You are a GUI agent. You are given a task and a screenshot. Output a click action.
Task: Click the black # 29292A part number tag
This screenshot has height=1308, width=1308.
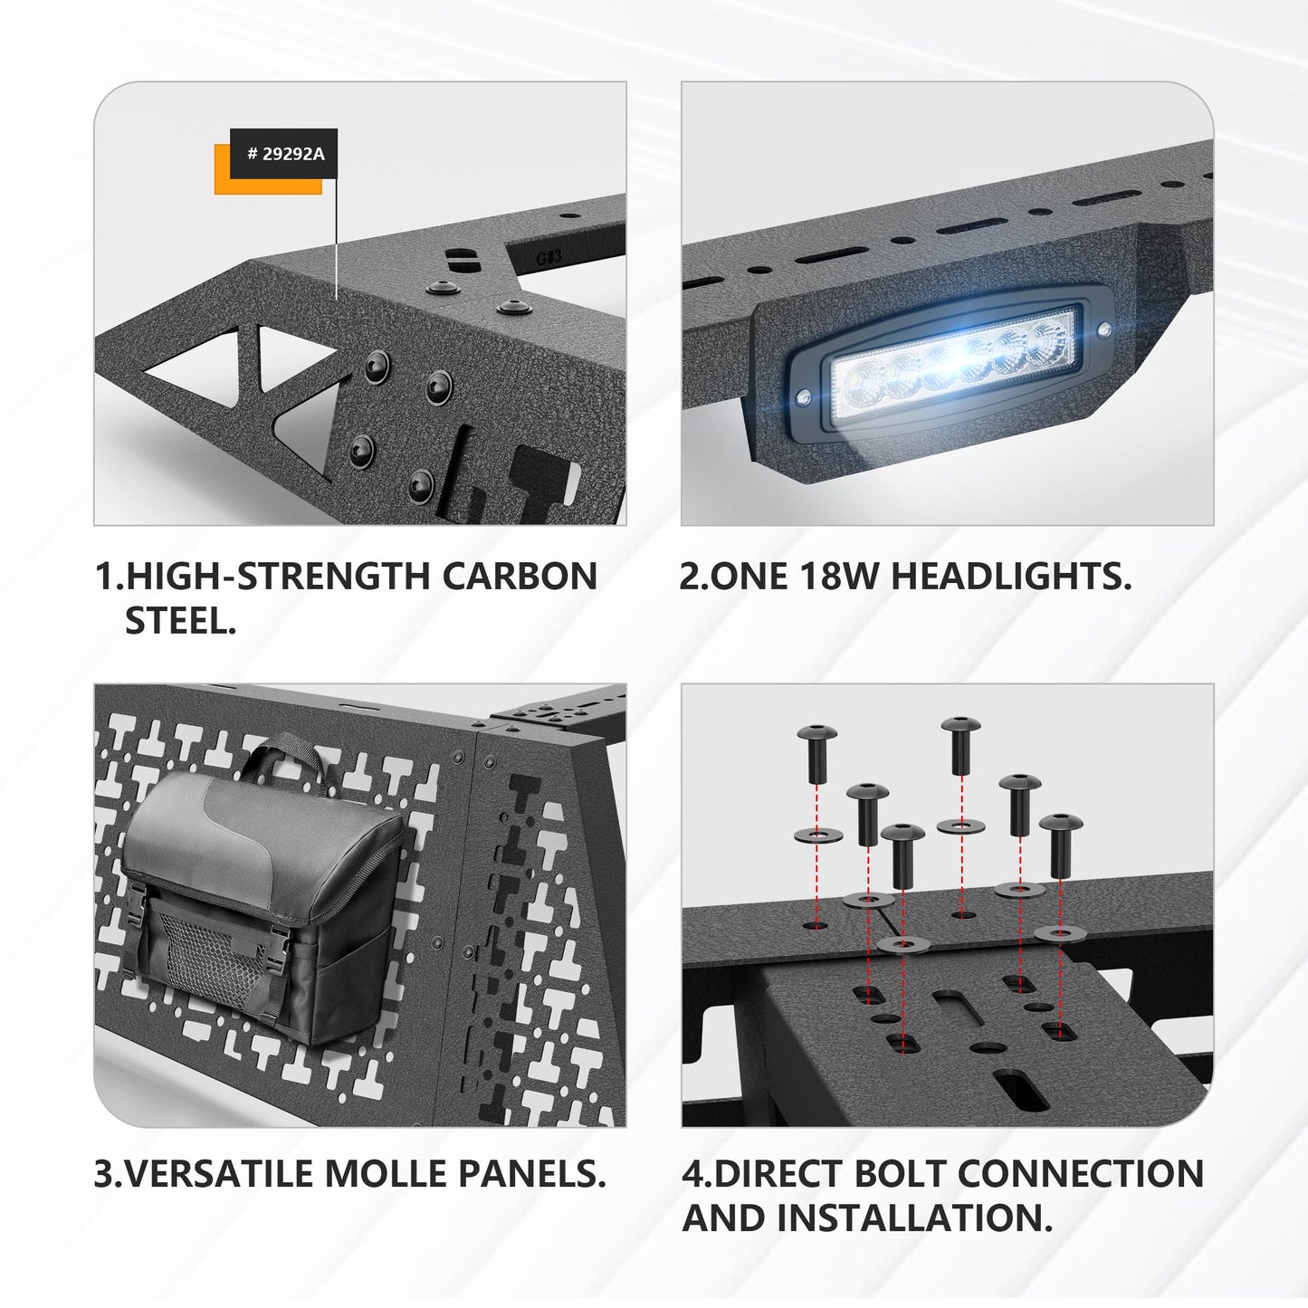point(283,154)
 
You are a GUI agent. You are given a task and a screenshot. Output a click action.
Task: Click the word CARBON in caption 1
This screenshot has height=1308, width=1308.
point(520,577)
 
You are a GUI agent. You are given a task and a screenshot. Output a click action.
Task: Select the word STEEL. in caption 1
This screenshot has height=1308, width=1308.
point(180,621)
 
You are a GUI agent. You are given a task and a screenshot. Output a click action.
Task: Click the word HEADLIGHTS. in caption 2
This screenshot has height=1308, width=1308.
point(1011,577)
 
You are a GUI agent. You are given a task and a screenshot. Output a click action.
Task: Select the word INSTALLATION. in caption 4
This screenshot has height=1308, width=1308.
point(913,1217)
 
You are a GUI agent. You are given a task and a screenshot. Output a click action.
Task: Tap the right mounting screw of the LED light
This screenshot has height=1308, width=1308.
point(1103,329)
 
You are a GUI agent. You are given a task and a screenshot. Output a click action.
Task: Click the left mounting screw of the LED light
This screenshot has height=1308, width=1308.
point(804,397)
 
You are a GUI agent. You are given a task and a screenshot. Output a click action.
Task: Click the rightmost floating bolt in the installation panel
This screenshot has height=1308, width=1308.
point(1060,845)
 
